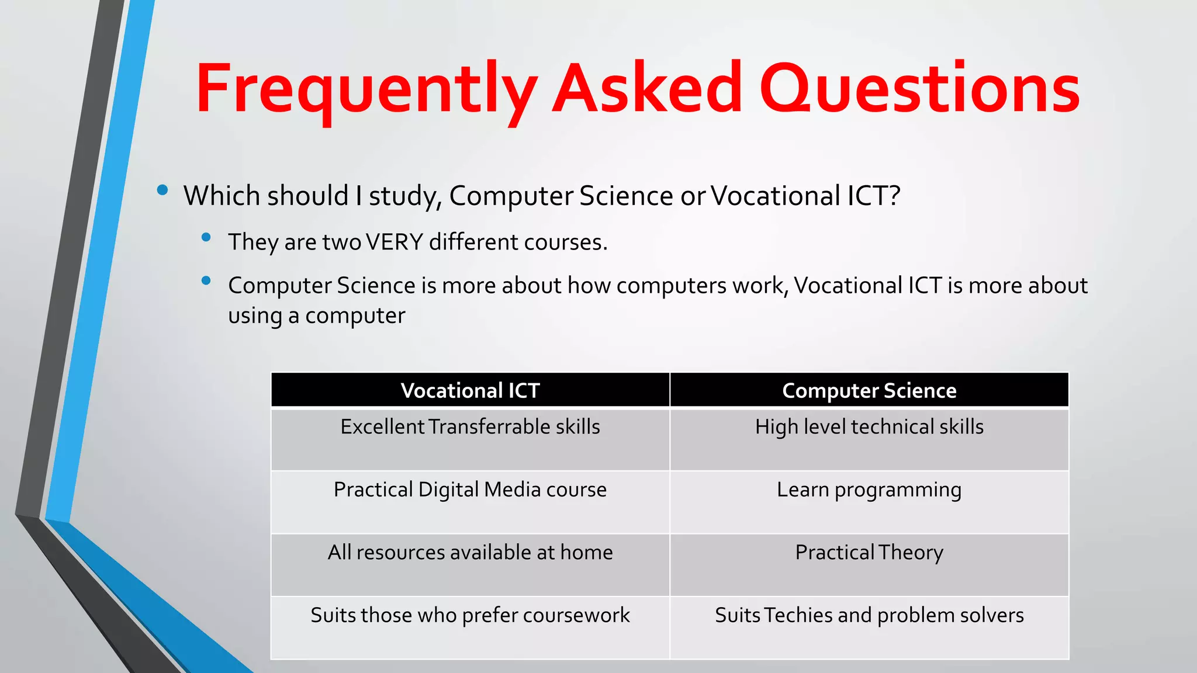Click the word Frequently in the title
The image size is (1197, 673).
(x=366, y=89)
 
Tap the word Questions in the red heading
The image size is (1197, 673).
(x=920, y=89)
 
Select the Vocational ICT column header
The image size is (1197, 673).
(x=470, y=390)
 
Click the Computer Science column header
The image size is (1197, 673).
(x=869, y=390)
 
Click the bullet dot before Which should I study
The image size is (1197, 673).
(x=162, y=190)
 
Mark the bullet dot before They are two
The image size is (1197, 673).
(x=206, y=237)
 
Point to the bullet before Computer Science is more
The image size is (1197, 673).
(x=206, y=281)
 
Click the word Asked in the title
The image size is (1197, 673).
(x=647, y=89)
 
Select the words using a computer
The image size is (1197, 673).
(x=316, y=316)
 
